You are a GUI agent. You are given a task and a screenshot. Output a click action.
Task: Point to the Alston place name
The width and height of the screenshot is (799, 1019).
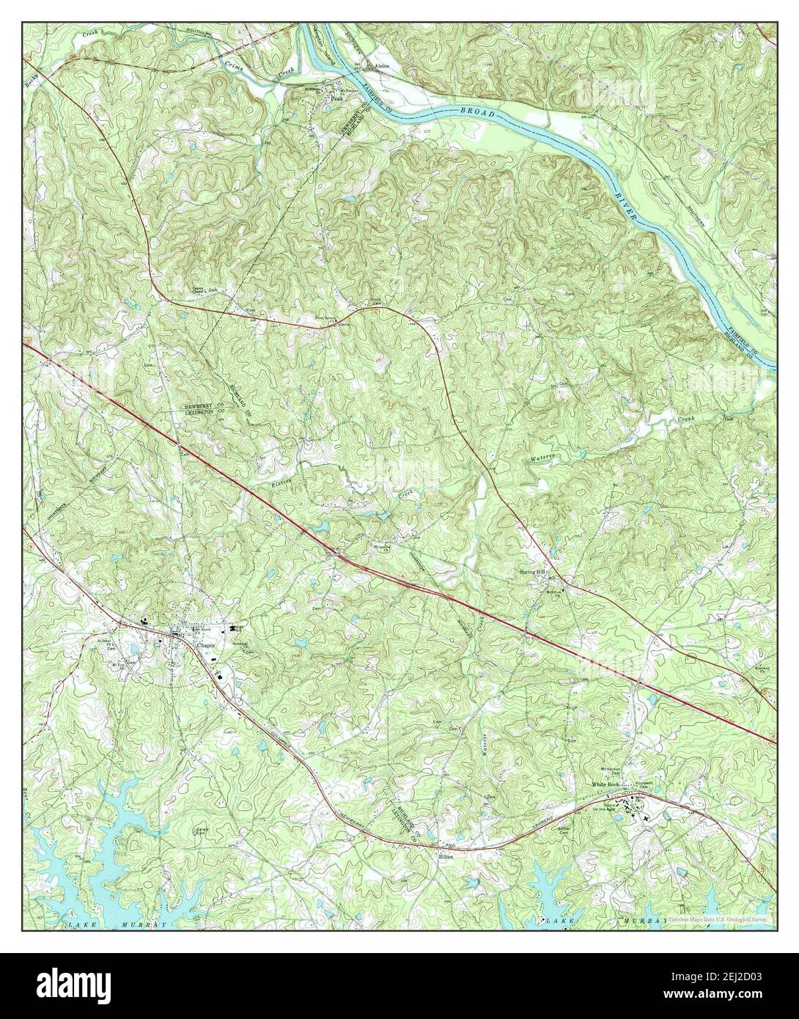[382, 65]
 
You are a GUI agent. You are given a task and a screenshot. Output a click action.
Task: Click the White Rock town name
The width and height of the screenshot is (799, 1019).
[606, 785]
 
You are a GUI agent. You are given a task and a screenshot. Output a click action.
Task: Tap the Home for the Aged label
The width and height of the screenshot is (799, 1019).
[614, 805]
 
